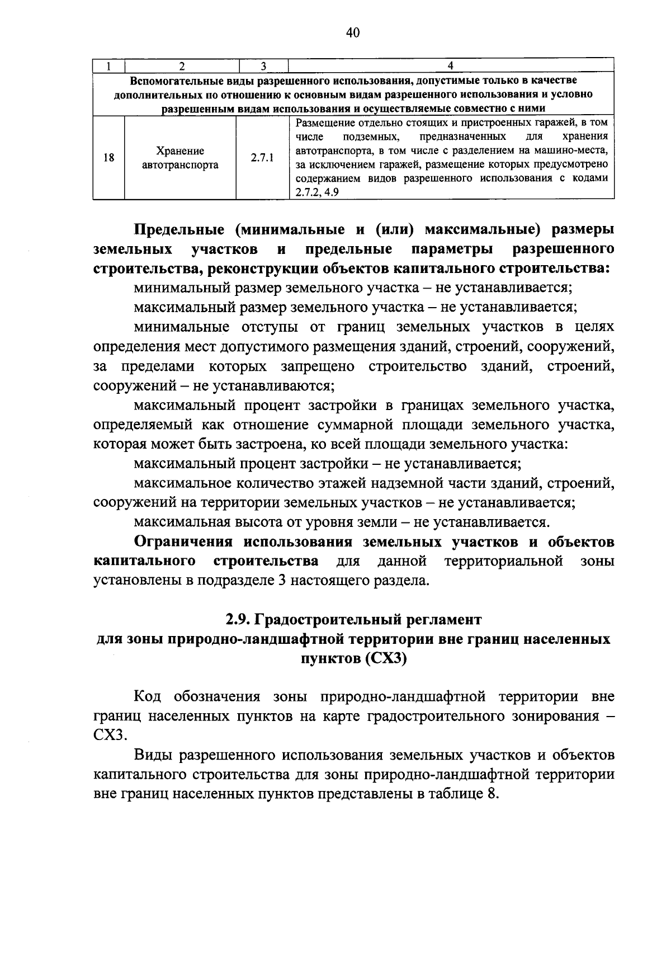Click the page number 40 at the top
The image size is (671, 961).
pyautogui.click(x=352, y=33)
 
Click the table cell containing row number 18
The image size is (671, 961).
pyautogui.click(x=109, y=158)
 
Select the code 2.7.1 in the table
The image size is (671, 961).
pyautogui.click(x=262, y=158)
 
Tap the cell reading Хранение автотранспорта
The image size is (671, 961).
pyautogui.click(x=180, y=158)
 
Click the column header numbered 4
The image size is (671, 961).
pyautogui.click(x=451, y=66)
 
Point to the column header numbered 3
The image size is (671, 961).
pyautogui.click(x=262, y=66)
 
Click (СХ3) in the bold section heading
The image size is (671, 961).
pyautogui.click(x=385, y=658)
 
